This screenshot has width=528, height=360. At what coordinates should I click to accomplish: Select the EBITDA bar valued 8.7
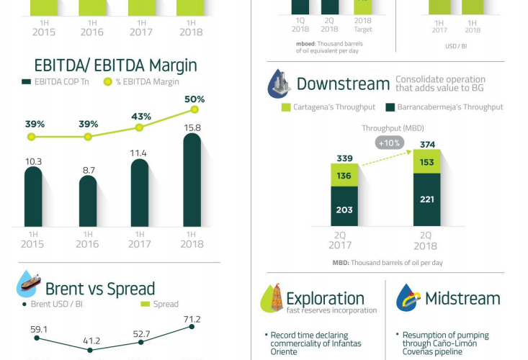88,202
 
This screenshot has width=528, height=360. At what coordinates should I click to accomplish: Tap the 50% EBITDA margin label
194,99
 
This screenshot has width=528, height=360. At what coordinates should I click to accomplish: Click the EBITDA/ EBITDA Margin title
109,65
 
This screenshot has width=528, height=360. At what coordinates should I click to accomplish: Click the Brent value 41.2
89,341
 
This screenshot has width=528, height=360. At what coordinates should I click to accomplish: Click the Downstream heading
343,84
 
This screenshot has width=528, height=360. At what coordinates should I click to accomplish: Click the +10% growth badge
390,143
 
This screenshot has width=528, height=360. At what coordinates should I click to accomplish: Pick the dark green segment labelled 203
344,210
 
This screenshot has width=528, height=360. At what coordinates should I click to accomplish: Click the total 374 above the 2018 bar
427,143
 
